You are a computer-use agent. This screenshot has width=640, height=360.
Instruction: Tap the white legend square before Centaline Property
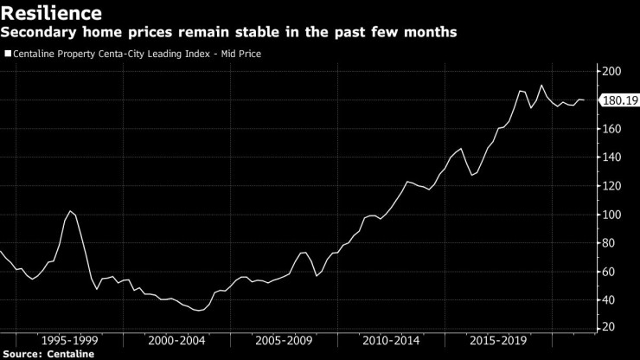[x=8, y=54]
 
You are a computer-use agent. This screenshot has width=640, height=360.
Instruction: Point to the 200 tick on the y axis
[x=611, y=71]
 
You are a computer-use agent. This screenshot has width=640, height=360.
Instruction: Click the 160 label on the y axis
[x=611, y=128]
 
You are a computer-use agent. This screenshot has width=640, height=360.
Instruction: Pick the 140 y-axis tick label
[x=611, y=157]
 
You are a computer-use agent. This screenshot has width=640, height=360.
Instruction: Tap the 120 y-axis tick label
[x=611, y=185]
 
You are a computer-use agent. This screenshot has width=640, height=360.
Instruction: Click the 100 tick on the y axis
[x=611, y=214]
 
